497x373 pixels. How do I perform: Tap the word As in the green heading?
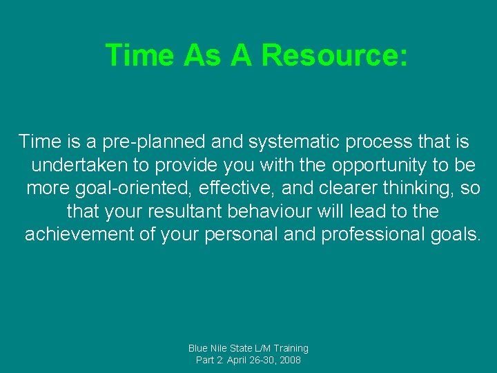204,55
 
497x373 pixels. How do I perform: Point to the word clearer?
349,189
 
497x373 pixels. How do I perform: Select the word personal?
242,234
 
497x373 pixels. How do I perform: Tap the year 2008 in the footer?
289,360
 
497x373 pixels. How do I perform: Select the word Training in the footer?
289,348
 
